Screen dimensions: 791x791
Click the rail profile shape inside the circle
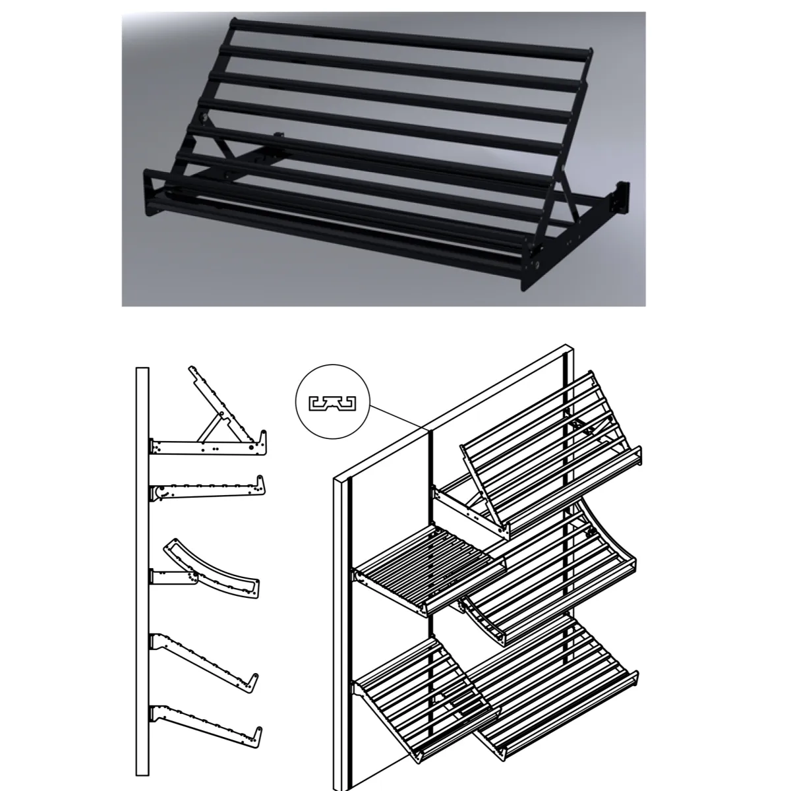(x=332, y=402)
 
